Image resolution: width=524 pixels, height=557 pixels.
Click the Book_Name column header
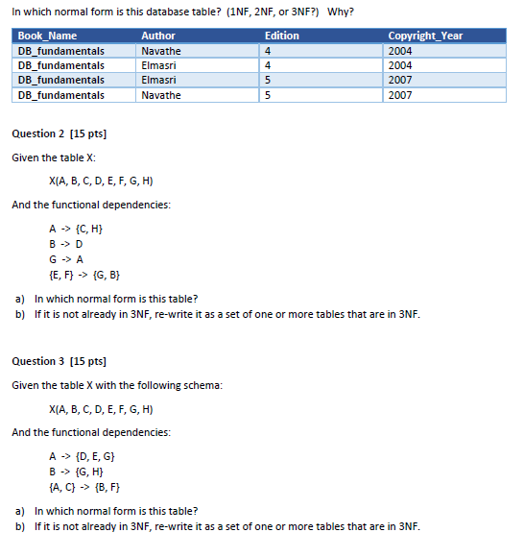47,36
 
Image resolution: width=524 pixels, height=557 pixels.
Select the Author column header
158,36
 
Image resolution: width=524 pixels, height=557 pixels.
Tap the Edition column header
282,36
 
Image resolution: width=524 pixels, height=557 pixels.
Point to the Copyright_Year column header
425,36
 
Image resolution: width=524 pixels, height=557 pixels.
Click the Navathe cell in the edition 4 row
160,51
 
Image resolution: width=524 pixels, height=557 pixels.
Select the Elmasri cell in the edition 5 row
159,81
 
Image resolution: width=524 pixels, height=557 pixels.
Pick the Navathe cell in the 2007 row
160,96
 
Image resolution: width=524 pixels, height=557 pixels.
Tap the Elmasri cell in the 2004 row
159,65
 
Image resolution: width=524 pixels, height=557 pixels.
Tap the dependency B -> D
65,244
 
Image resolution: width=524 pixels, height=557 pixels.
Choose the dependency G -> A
65,259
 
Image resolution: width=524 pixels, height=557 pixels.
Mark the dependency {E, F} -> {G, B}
83,275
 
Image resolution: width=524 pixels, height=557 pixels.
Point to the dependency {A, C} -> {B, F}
83,487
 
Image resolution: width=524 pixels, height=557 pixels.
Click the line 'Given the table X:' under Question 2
54,157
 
